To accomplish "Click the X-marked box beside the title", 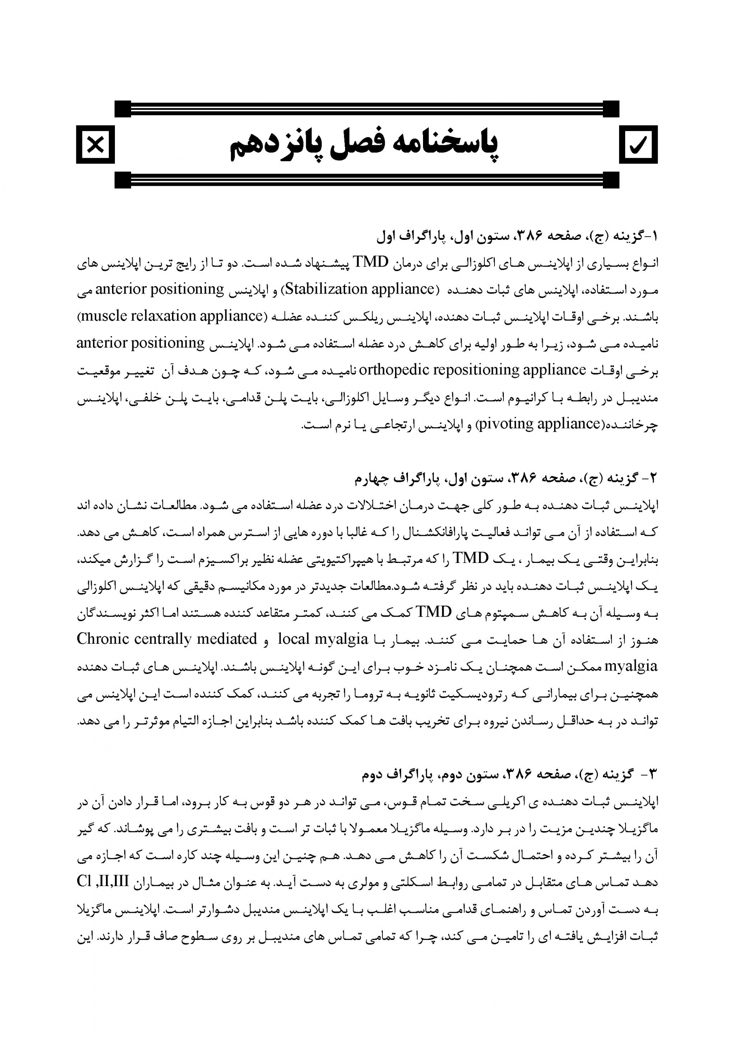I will pos(95,145).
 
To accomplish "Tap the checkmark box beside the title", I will pos(638,145).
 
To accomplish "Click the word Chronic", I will pos(103,638).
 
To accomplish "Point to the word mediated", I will pos(229,638).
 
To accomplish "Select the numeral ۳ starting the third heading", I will pos(652,775).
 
